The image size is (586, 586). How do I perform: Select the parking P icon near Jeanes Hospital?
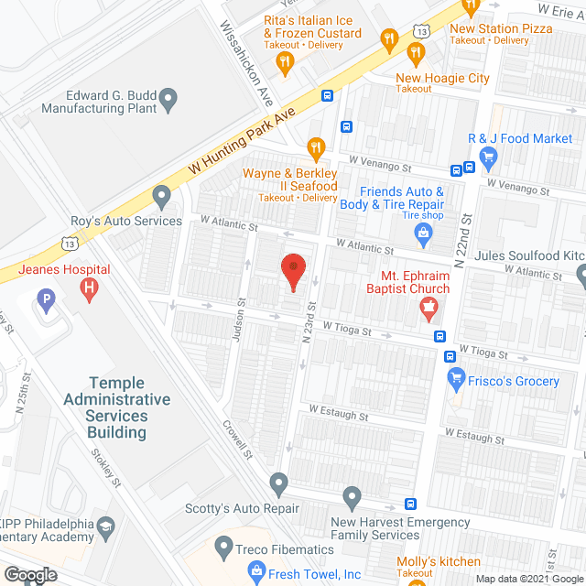pos(43,298)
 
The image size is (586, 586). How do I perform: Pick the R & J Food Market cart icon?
pos(488,157)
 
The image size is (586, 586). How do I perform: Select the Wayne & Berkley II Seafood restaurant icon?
pos(316,147)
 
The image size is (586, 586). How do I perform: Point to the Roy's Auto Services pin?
pos(162,195)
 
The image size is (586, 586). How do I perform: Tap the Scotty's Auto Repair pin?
pos(279,482)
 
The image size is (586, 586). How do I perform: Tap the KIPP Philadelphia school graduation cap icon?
pos(106,527)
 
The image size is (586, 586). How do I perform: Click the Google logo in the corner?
pos(29,575)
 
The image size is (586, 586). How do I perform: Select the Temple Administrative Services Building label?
pos(117,407)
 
